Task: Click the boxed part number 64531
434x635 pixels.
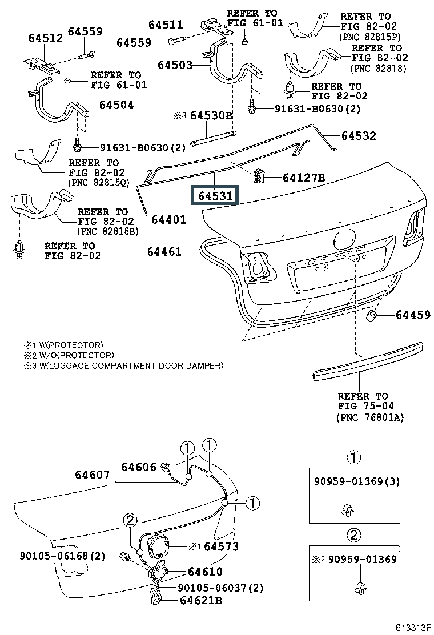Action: (x=215, y=196)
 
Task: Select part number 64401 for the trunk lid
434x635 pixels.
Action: (x=169, y=220)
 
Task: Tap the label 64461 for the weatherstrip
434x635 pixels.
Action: (x=164, y=252)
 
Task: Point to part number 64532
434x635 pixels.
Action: (x=359, y=136)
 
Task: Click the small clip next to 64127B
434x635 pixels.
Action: (x=259, y=176)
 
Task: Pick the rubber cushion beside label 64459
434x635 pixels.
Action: (x=371, y=316)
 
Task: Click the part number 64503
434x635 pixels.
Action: (x=175, y=65)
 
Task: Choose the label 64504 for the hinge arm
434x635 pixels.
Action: (x=116, y=105)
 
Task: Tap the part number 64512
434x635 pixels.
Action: (x=46, y=38)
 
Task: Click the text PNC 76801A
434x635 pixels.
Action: (x=370, y=417)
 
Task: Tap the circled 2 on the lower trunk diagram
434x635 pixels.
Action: (x=130, y=520)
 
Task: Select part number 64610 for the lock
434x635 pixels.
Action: (x=205, y=572)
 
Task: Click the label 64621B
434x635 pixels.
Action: (x=201, y=600)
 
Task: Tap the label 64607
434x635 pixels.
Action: (x=93, y=474)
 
